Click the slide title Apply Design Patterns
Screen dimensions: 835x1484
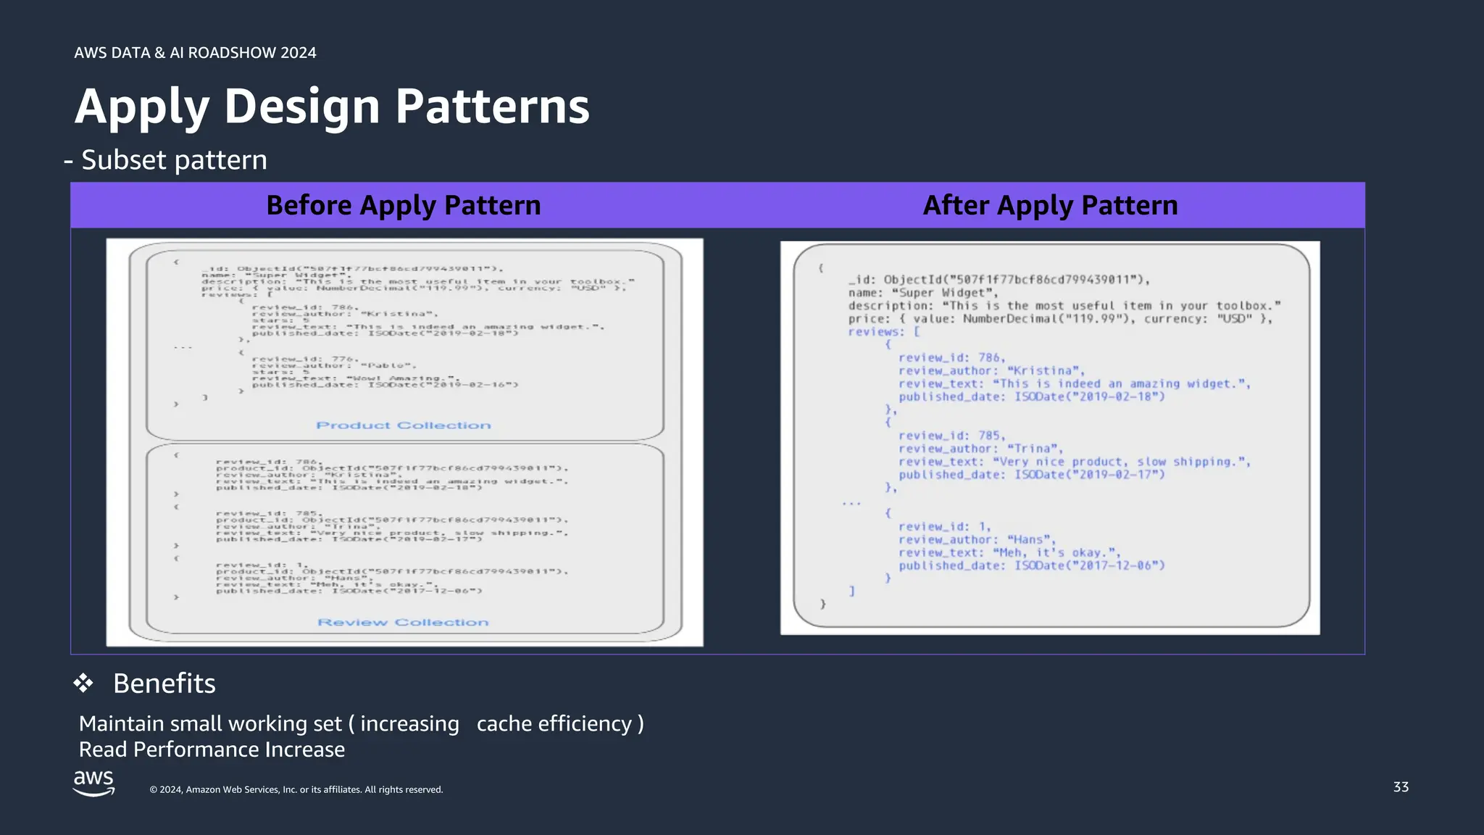coord(332,107)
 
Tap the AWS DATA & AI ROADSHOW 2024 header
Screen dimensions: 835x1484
coord(195,53)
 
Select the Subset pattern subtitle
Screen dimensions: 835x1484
coord(174,160)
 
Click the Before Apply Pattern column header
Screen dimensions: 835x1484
coord(404,205)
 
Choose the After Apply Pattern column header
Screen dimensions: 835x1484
coord(1050,205)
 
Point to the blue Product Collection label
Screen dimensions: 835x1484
coord(404,425)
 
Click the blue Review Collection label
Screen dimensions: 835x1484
coord(403,623)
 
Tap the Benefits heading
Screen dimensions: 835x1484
coord(164,684)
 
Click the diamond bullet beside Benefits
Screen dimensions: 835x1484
coord(83,683)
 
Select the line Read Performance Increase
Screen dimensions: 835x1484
coord(212,749)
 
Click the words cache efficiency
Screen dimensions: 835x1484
coord(554,723)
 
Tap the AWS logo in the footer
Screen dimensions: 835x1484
coord(93,783)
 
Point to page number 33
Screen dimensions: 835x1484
coord(1401,787)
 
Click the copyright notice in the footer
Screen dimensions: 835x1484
coord(296,790)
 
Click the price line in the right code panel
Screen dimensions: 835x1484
coord(1060,319)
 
